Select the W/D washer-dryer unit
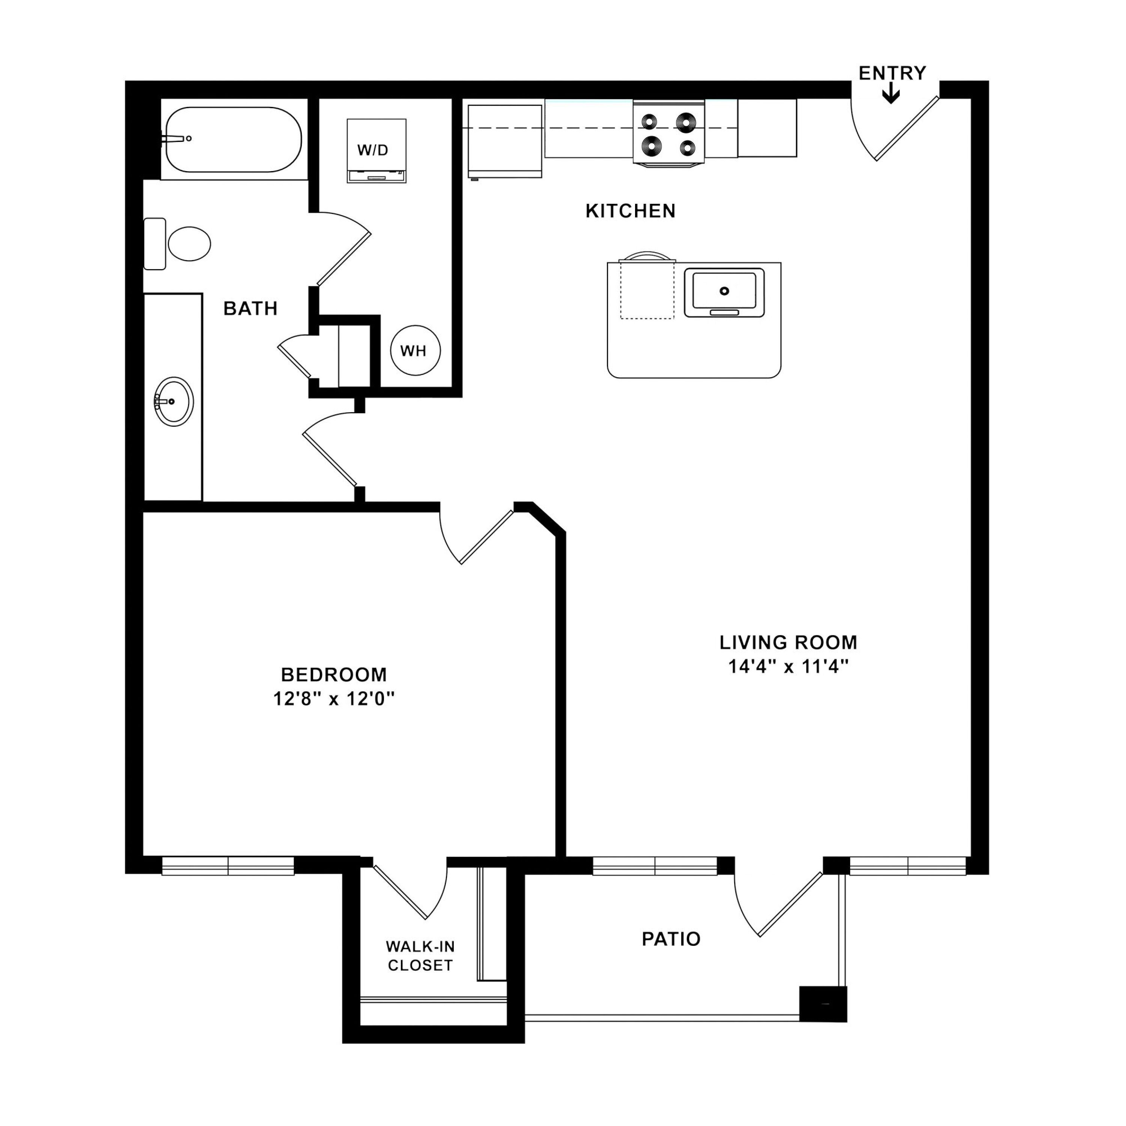(376, 151)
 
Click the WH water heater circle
(415, 350)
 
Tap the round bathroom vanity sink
(174, 402)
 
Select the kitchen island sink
(724, 293)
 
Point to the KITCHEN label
(631, 211)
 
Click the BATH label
(251, 308)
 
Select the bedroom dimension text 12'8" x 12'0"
(334, 698)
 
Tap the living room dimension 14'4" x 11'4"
(788, 666)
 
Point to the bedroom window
(228, 866)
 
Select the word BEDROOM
(334, 674)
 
